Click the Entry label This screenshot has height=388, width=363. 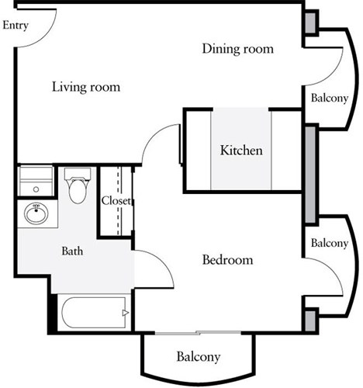pos(16,26)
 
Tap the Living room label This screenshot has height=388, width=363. pos(86,87)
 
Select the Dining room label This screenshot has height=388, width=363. pos(237,49)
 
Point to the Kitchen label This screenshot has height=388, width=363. pos(241,151)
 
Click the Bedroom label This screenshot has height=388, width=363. pos(227,260)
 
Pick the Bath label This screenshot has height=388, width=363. pos(73,251)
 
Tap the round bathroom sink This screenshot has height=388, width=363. pos(36,212)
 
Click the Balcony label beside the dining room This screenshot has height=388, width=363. pos(329,99)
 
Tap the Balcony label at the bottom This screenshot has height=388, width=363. pos(198,357)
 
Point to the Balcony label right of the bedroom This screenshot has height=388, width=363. pos(329,243)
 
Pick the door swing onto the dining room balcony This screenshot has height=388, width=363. pos(330,62)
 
